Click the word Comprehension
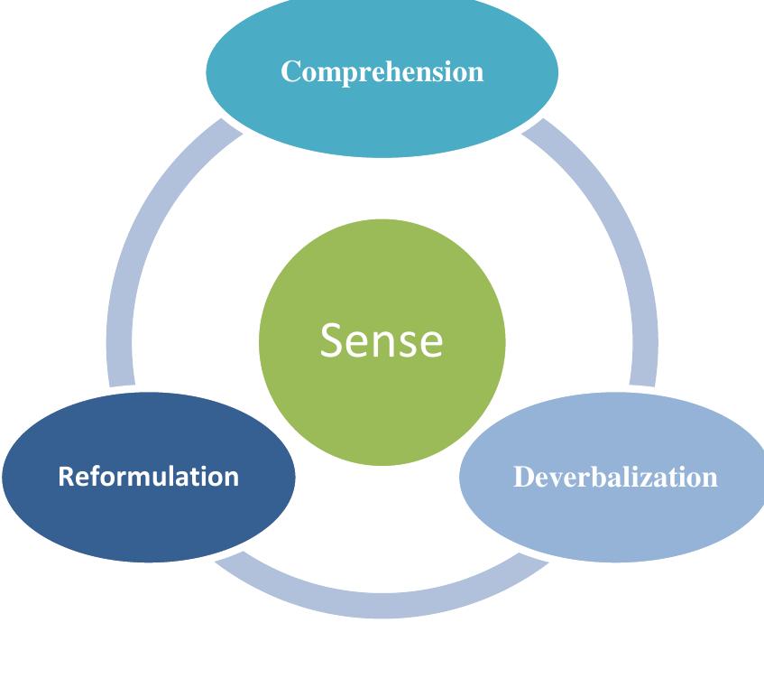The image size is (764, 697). pyautogui.click(x=382, y=71)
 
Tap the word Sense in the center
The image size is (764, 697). pyautogui.click(x=382, y=340)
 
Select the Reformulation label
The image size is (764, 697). pyautogui.click(x=148, y=476)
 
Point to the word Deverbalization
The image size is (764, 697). pyautogui.click(x=615, y=477)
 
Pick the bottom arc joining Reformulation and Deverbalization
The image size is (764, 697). pyautogui.click(x=382, y=603)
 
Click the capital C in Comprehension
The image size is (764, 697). pyautogui.click(x=290, y=71)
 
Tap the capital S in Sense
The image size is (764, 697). pyautogui.click(x=333, y=340)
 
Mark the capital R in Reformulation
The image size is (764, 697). pyautogui.click(x=65, y=476)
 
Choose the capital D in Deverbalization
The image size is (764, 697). pyautogui.click(x=522, y=477)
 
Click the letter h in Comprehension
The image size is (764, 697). pyautogui.click(x=398, y=71)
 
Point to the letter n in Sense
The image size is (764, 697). pyautogui.click(x=391, y=343)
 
